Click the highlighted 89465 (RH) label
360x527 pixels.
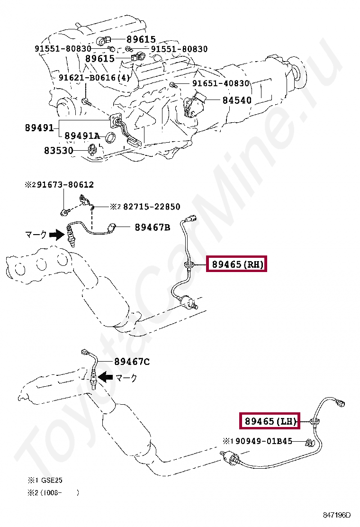pos(236,264)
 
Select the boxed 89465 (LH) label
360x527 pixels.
pos(270,421)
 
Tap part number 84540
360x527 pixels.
pos(237,100)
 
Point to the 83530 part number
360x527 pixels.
pos(59,150)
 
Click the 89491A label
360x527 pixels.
pos(82,136)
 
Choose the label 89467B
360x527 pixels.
pos(153,227)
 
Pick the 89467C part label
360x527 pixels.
pos(132,362)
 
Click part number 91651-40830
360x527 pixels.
pos(221,83)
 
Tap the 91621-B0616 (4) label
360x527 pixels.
pos(94,78)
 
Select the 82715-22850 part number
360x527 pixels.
pos(152,207)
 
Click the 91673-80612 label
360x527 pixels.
pos(65,184)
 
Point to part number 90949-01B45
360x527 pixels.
pos(264,441)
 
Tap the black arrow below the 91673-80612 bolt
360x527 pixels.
pos(57,235)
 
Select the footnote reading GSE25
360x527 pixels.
pos(52,480)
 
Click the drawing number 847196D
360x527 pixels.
pos(337,515)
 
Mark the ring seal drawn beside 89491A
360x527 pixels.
pos(110,138)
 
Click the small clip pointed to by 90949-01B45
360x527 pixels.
pos(309,443)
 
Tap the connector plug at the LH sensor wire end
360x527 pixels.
pos(340,403)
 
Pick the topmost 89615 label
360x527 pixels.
pos(141,39)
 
